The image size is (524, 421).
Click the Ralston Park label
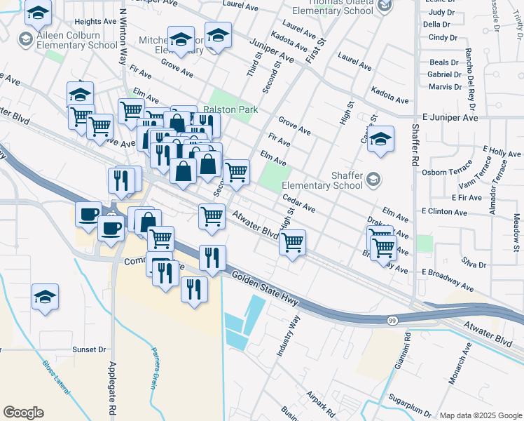click(231, 109)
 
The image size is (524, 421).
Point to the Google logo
click(23, 413)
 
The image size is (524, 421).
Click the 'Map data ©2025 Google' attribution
click(481, 415)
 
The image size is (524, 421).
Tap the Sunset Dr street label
click(89, 349)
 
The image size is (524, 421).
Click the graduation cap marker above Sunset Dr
click(45, 298)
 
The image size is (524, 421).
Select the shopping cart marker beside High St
click(292, 243)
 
